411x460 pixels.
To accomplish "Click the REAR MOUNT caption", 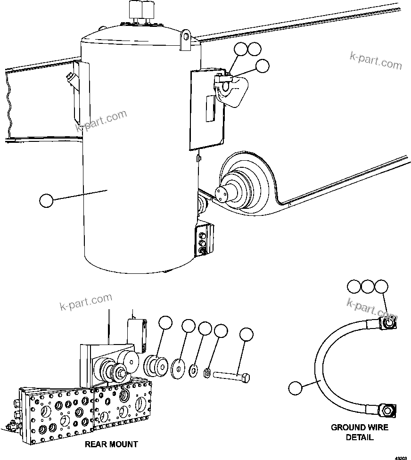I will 111,444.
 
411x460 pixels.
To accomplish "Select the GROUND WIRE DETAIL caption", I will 359,432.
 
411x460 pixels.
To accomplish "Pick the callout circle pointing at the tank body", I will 46,200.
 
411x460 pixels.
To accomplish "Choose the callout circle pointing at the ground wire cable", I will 295,388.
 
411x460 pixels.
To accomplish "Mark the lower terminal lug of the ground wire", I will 387,410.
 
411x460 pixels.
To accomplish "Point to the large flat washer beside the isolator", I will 178,367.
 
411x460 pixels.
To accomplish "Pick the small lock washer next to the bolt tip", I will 206,374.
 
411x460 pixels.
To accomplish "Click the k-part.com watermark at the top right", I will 376,60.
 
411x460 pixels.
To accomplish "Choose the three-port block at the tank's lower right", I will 203,242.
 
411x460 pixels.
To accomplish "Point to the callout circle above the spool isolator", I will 165,323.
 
